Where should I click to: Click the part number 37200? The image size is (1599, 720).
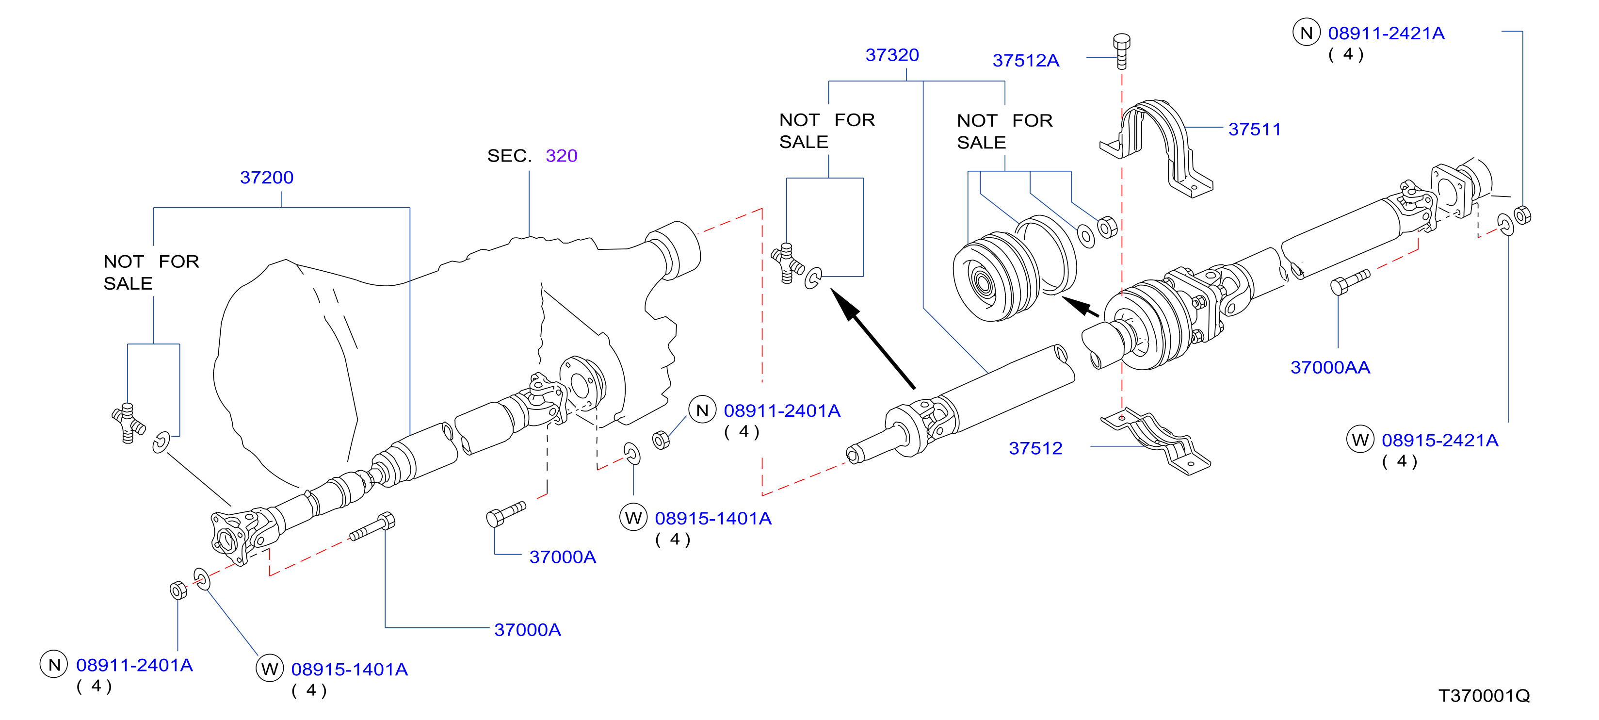[x=266, y=178]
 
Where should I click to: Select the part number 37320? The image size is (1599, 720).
[x=892, y=55]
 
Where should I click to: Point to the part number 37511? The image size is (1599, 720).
[x=1255, y=129]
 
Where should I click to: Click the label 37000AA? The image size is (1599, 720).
[x=1330, y=367]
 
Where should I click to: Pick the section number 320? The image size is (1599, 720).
[x=561, y=155]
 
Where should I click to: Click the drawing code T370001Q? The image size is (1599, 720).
[x=1484, y=696]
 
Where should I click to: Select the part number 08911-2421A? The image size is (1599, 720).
[x=1386, y=33]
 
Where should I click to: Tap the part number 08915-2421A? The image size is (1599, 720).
[x=1440, y=441]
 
